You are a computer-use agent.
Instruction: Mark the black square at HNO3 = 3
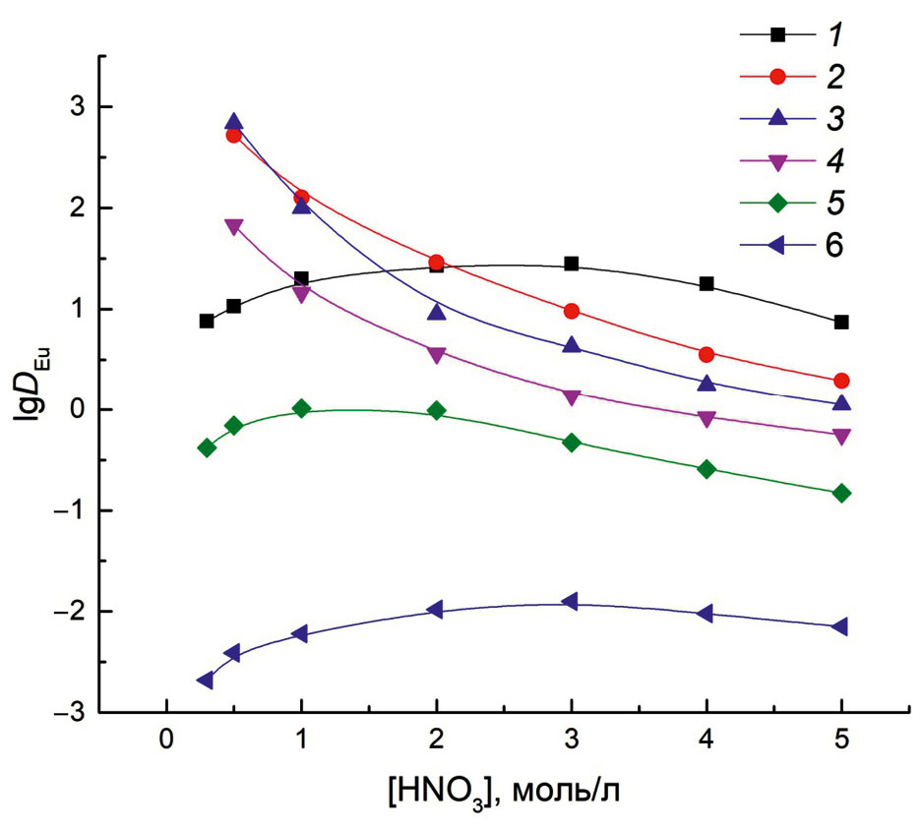572,264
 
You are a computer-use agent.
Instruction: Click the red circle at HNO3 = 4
707,354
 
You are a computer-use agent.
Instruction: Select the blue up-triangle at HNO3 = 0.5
233,122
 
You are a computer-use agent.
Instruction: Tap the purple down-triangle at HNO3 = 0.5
233,226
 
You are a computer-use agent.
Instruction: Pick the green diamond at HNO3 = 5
841,493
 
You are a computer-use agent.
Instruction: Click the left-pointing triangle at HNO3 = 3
570,602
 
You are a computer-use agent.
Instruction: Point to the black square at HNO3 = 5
841,322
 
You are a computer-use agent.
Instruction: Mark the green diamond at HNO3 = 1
301,408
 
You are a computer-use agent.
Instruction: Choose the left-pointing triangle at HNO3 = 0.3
206,681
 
